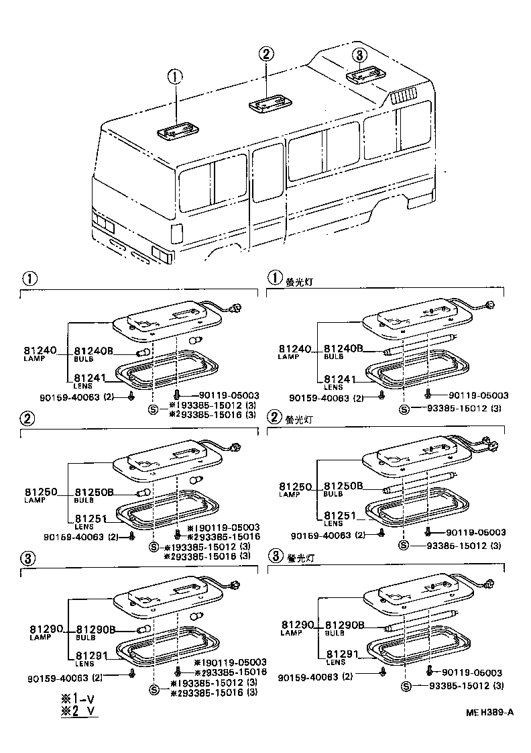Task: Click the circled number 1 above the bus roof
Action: [x=175, y=77]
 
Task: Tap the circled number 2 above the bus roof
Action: [x=266, y=54]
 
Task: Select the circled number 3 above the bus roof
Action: [x=360, y=55]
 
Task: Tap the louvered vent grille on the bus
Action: [x=404, y=97]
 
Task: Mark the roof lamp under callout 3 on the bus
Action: [x=365, y=76]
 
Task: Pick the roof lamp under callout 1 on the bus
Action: [x=177, y=131]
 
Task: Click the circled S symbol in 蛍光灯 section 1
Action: [x=404, y=409]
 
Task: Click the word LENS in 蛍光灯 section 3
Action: [x=335, y=662]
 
